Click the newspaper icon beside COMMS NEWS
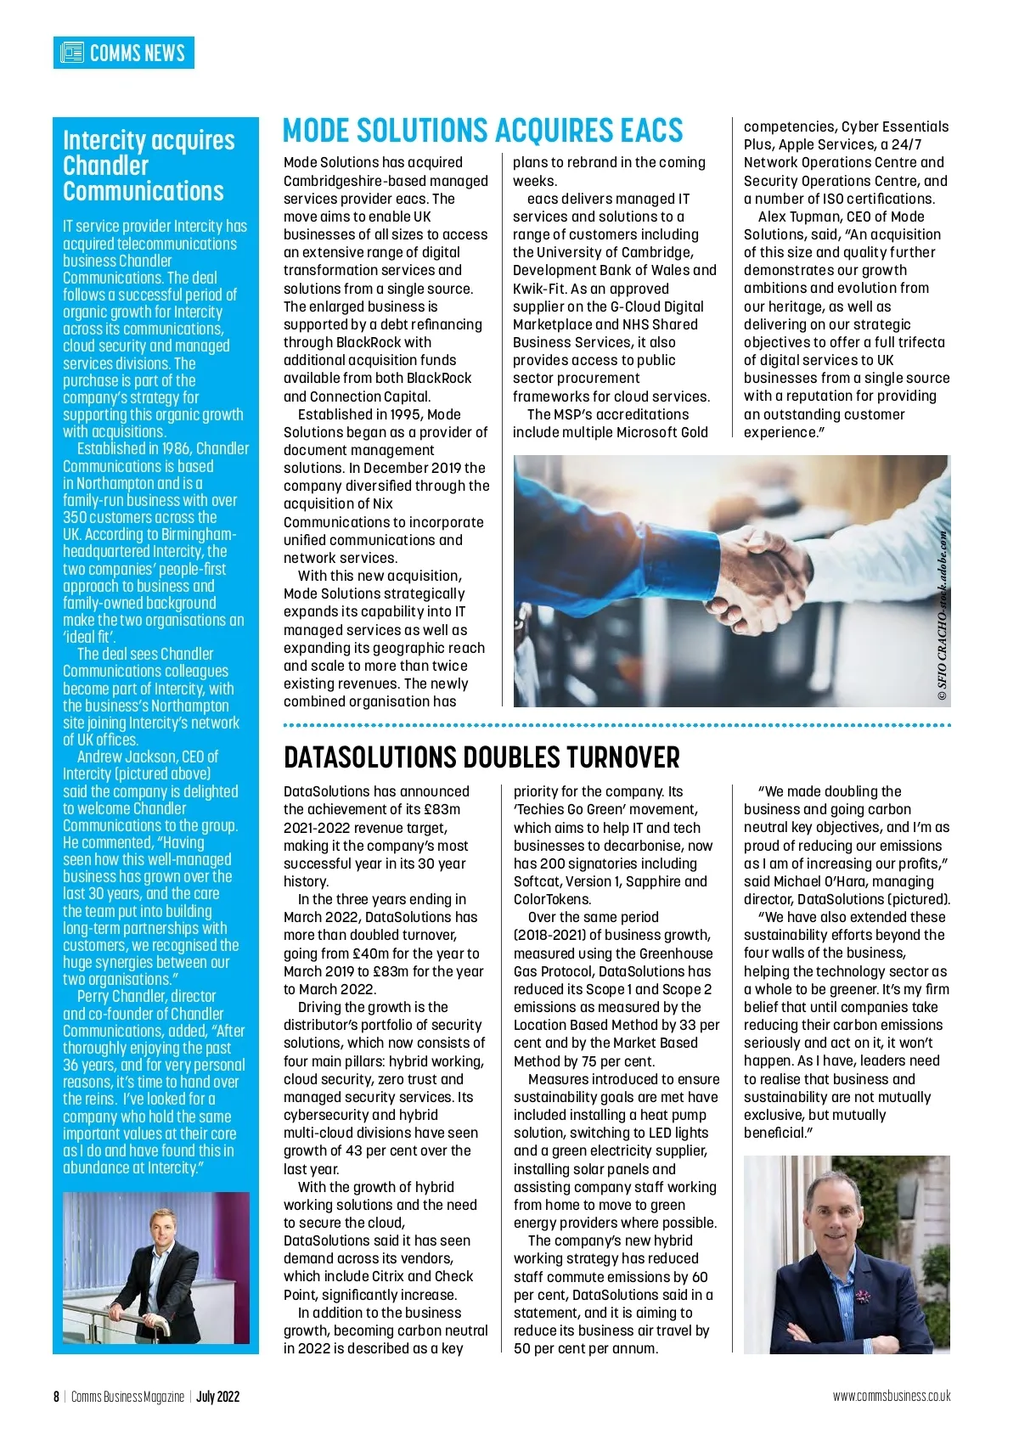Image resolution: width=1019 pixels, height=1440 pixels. tap(72, 53)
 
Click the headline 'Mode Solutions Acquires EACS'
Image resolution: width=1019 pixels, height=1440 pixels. tap(482, 131)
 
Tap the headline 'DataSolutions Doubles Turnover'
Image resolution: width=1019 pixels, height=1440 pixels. tap(481, 757)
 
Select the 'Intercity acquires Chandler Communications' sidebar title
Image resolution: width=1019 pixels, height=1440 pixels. tap(149, 166)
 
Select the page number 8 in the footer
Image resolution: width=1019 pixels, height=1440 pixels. tap(56, 1397)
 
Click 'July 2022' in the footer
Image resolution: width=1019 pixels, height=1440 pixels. tap(218, 1397)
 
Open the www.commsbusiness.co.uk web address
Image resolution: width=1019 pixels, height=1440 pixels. tap(892, 1396)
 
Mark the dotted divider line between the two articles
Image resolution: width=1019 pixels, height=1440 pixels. tap(616, 725)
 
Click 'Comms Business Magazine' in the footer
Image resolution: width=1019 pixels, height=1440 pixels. tap(127, 1397)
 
